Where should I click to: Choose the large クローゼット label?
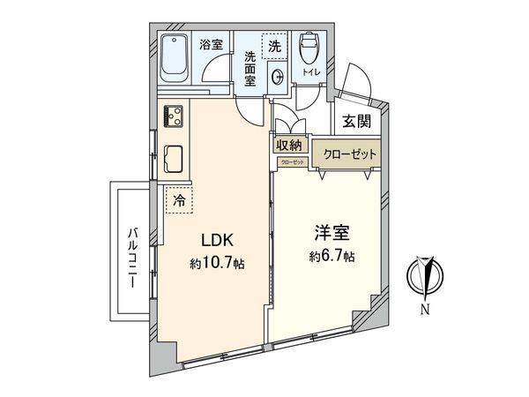pyautogui.click(x=348, y=154)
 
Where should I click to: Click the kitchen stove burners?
pyautogui.click(x=173, y=116)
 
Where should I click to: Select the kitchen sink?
pyautogui.click(x=173, y=159)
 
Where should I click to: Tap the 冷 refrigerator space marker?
pyautogui.click(x=179, y=201)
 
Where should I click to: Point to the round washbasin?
pyautogui.click(x=277, y=74)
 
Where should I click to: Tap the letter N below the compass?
pyautogui.click(x=425, y=309)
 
